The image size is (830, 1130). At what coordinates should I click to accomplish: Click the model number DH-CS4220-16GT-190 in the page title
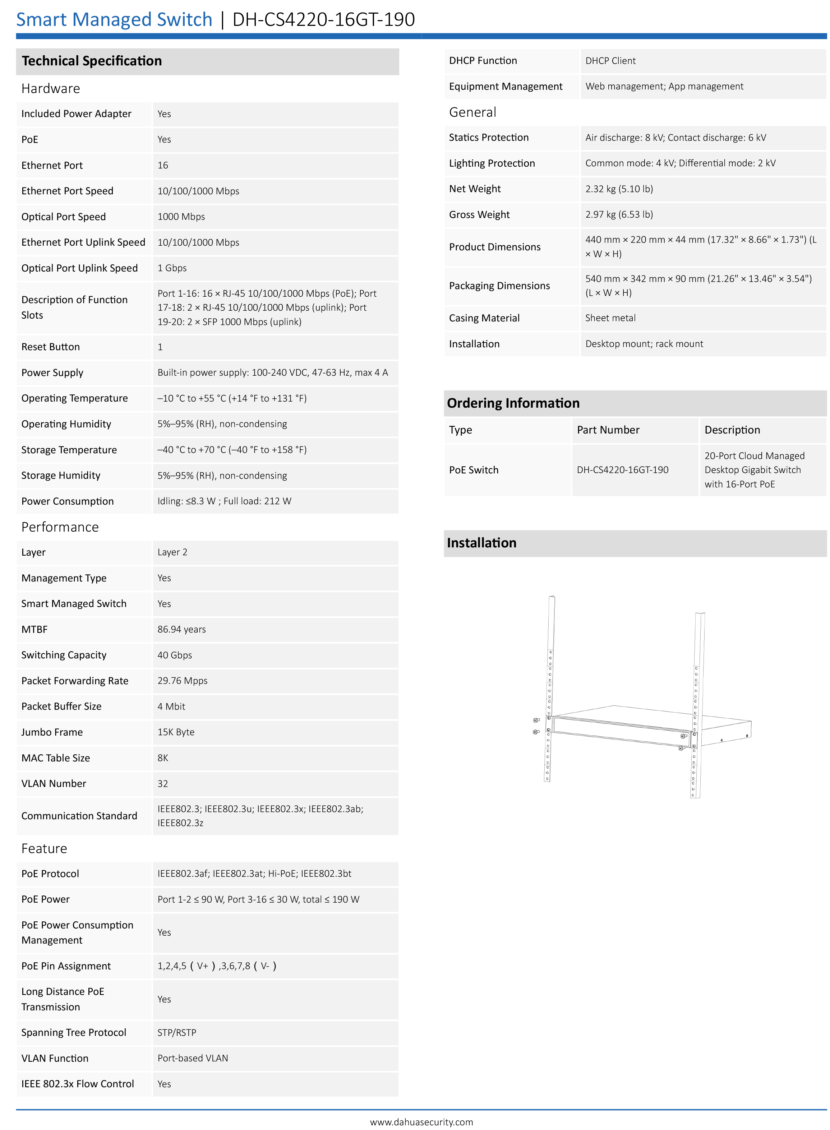(x=324, y=20)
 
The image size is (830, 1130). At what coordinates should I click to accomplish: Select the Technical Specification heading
(x=92, y=61)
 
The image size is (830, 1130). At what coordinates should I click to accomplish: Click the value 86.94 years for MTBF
(x=181, y=629)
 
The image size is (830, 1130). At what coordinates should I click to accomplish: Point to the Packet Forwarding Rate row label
(x=75, y=681)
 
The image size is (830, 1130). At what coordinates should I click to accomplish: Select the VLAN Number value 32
(x=163, y=783)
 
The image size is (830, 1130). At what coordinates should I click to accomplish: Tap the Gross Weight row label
(x=479, y=214)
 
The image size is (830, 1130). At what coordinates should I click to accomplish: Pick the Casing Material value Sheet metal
(x=610, y=318)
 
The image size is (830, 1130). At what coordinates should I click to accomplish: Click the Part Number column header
(x=608, y=430)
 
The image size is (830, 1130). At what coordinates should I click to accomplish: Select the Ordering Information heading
(x=513, y=403)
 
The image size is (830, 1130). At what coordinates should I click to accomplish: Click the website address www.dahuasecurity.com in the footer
(x=421, y=1121)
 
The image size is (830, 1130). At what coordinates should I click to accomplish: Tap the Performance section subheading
(x=60, y=527)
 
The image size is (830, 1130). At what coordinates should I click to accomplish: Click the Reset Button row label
(x=51, y=347)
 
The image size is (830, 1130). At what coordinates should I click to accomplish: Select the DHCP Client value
(x=610, y=61)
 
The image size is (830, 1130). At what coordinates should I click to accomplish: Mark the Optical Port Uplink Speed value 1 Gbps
(x=172, y=268)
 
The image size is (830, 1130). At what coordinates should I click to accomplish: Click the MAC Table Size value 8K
(x=163, y=758)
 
